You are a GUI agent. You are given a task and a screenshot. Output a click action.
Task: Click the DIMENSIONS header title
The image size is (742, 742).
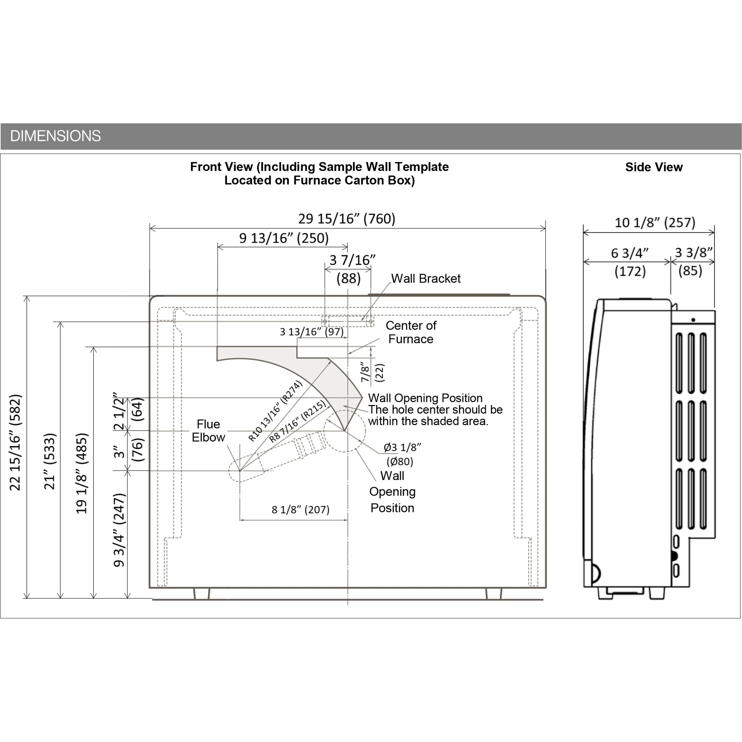click(55, 136)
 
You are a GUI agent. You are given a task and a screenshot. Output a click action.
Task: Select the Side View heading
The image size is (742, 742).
click(654, 167)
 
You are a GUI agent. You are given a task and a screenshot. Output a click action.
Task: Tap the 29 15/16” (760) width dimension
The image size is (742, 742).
click(347, 219)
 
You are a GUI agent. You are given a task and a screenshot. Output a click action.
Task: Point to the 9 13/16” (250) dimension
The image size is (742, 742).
click(284, 238)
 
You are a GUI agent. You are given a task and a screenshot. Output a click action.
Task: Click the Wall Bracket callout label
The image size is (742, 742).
click(426, 278)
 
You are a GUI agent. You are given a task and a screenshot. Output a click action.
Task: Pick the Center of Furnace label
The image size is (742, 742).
click(411, 332)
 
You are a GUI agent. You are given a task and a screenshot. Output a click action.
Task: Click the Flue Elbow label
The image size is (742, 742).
click(208, 430)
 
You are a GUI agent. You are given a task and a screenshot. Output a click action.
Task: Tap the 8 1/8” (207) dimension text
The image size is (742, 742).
click(300, 510)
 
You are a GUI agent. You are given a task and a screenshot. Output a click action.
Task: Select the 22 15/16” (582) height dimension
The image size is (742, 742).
click(15, 442)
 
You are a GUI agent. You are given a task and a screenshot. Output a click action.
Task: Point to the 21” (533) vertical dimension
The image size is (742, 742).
click(50, 461)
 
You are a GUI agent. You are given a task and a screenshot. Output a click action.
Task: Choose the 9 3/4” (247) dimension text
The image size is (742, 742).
click(119, 530)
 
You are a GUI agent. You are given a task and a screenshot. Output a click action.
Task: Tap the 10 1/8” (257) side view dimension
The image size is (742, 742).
click(655, 223)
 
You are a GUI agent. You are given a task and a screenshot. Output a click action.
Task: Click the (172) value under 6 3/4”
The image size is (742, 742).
click(630, 271)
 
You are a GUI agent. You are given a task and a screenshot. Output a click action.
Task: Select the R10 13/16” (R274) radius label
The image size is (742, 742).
click(275, 411)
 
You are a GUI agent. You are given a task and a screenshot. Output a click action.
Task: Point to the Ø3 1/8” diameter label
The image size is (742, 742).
click(402, 447)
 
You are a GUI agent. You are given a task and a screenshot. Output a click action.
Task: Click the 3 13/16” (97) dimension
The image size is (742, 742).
click(312, 331)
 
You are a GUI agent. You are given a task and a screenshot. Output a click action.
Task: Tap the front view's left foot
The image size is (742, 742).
click(202, 593)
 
